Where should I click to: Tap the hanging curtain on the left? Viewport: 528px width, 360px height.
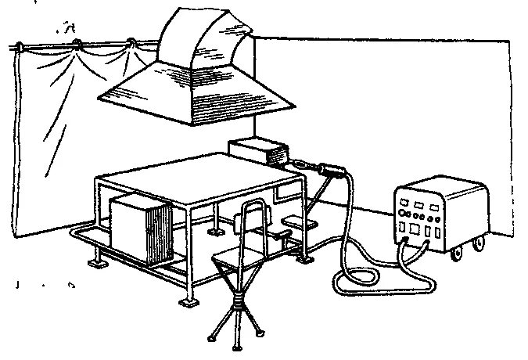coord(55,125)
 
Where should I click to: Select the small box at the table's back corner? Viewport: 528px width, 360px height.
coord(258,150)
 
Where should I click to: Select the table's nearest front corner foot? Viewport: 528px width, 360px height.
coord(186,302)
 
